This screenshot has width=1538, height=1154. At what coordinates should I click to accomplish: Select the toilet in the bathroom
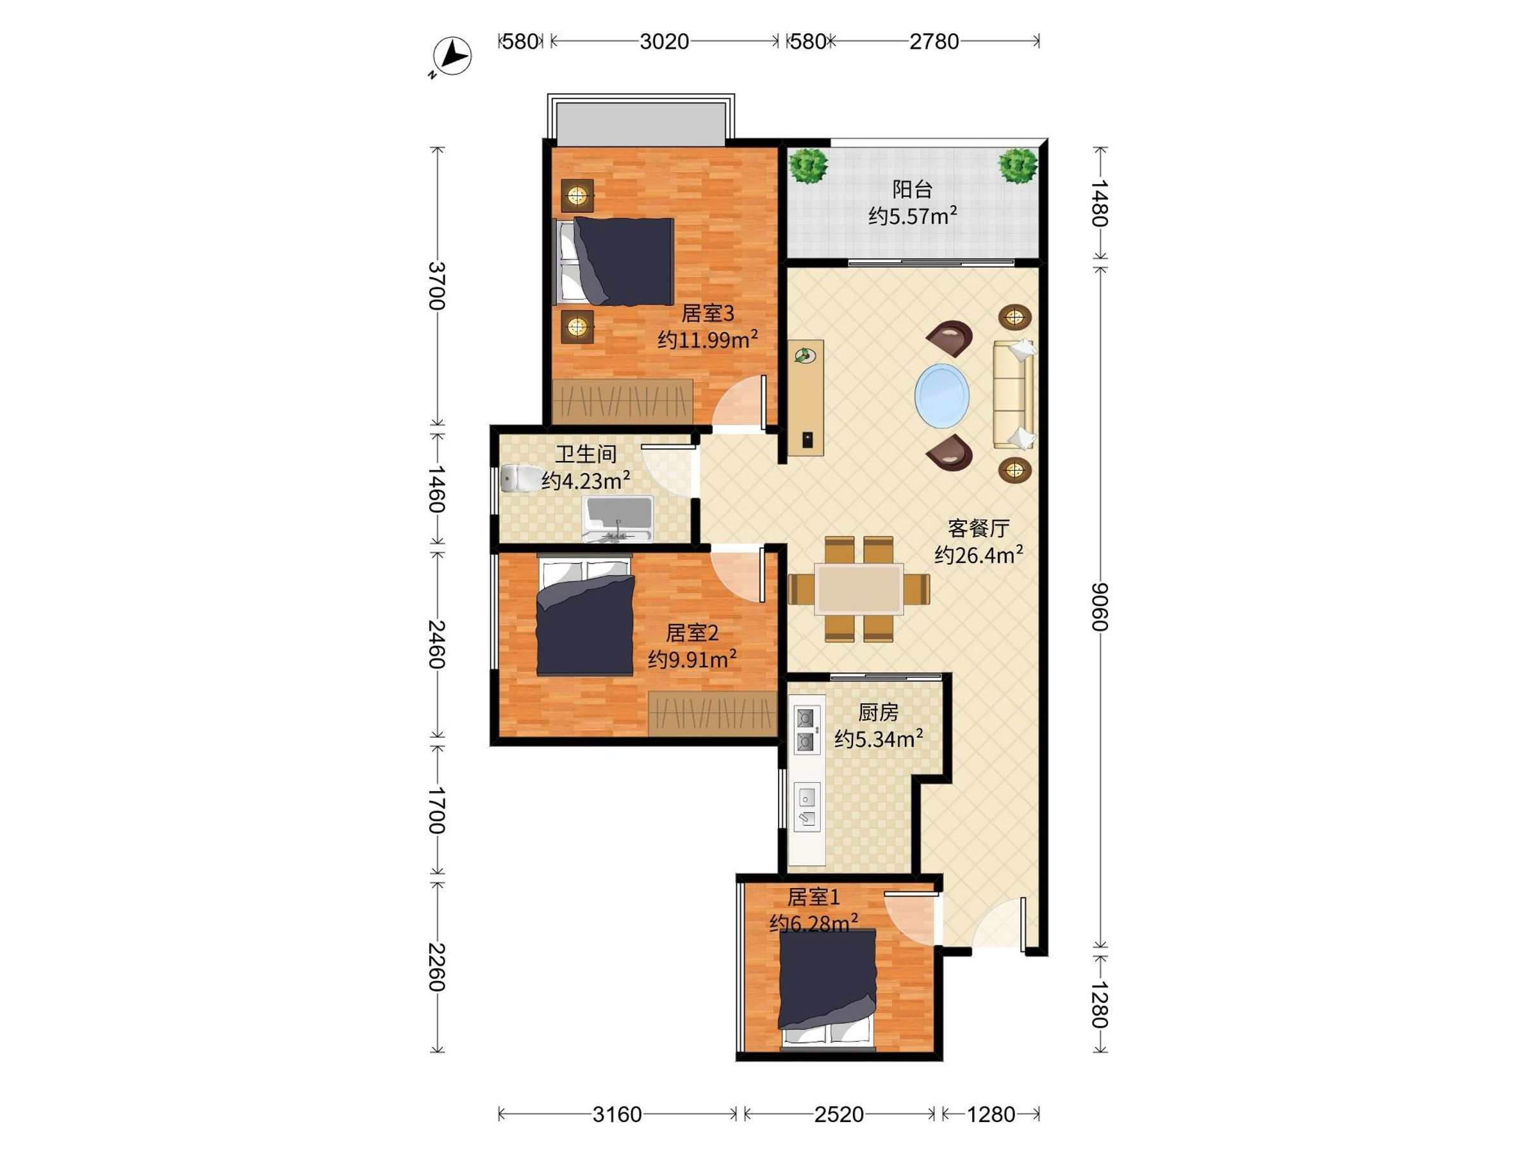(522, 478)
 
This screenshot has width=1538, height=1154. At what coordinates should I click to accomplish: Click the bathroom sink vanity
(616, 519)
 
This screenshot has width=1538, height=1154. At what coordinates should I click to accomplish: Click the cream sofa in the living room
(1013, 394)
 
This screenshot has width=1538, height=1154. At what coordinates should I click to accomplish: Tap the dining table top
(859, 589)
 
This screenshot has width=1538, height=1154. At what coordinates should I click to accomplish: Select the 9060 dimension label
(1098, 606)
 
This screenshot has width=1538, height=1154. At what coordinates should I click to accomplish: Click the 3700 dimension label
(436, 285)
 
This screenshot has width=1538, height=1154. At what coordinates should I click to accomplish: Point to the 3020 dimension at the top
(664, 42)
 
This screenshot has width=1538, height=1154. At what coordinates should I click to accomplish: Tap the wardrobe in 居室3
(622, 401)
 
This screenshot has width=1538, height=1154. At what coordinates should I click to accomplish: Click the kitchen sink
(807, 807)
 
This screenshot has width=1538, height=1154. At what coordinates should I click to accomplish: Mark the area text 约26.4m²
(979, 555)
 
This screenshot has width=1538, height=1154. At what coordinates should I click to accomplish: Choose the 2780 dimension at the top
(934, 42)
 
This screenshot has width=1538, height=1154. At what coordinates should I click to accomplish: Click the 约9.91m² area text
(693, 658)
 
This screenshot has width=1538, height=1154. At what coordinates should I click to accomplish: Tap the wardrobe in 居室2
(713, 714)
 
